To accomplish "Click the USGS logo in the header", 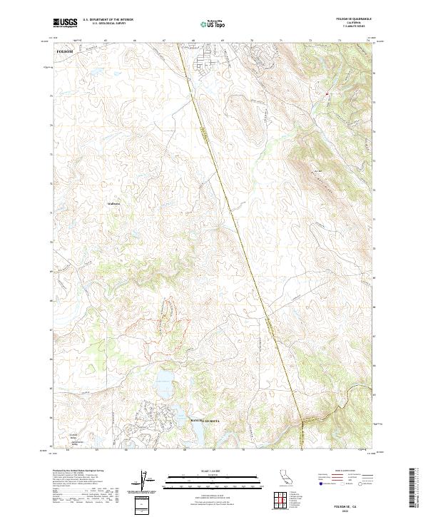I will click(65, 23).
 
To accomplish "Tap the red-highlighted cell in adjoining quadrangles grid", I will click(282, 500).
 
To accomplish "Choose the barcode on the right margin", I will click(418, 491).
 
